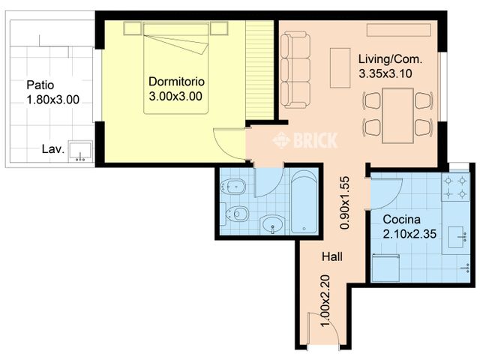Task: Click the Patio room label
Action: (x=40, y=85)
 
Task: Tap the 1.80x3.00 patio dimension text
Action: (x=52, y=99)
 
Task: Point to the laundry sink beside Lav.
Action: (x=79, y=151)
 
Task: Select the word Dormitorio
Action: (x=176, y=81)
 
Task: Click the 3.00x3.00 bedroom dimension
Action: (x=176, y=96)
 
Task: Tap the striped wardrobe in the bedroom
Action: (x=261, y=71)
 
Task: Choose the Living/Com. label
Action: (x=390, y=59)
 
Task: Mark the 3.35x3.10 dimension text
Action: (x=387, y=73)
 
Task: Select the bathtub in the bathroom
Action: (x=305, y=202)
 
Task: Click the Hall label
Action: (x=332, y=256)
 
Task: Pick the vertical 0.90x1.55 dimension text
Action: (x=345, y=202)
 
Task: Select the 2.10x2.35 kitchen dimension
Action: (x=409, y=234)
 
